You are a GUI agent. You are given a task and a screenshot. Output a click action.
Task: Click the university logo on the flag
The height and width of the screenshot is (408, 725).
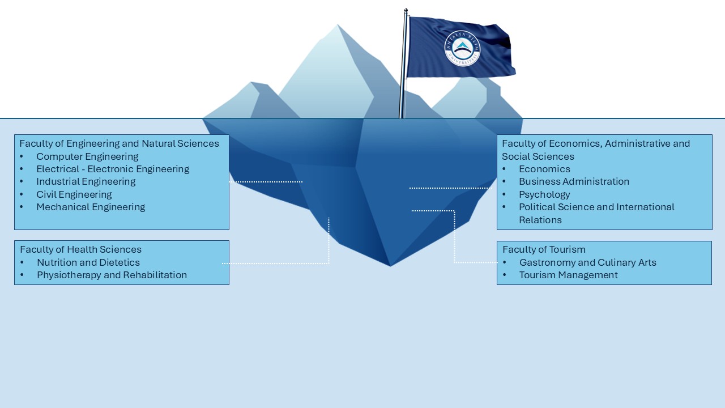(x=462, y=49)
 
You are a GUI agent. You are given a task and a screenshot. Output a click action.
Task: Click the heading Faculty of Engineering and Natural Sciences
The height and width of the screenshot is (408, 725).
(x=119, y=143)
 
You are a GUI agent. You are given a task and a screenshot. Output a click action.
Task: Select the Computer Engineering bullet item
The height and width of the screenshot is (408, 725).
(x=87, y=156)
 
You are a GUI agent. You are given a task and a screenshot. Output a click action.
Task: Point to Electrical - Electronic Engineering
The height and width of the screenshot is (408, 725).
(x=113, y=169)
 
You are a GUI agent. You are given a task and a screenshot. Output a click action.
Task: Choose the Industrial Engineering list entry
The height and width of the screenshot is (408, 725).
(x=86, y=181)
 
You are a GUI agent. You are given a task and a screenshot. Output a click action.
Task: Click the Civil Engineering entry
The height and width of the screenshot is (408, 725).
(x=74, y=194)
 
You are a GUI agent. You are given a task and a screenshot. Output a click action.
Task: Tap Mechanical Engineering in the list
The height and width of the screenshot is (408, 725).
(x=91, y=207)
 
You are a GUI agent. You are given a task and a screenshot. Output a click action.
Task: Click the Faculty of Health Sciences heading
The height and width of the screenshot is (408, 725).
(x=80, y=249)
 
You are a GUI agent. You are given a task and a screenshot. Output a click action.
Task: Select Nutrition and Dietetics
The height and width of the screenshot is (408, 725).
(x=88, y=262)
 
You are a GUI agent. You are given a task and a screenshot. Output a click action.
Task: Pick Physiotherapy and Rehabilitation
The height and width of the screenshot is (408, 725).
(x=112, y=275)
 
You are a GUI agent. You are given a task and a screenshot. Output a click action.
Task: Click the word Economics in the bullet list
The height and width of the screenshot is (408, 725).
(x=544, y=169)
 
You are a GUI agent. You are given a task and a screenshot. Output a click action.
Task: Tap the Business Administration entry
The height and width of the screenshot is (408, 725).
(x=574, y=181)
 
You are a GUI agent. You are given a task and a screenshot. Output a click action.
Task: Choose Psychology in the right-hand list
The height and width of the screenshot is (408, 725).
(x=544, y=194)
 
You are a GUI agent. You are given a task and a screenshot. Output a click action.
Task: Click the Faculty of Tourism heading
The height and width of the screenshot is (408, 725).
(x=544, y=249)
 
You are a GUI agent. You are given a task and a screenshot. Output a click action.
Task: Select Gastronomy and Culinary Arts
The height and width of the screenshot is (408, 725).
(x=588, y=262)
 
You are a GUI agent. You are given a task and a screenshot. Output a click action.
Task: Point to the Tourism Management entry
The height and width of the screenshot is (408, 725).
(x=568, y=275)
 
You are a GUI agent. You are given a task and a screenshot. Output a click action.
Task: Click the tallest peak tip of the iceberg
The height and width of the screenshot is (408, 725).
(x=338, y=24)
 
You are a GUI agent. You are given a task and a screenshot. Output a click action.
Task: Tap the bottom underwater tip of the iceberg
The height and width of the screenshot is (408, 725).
(x=390, y=266)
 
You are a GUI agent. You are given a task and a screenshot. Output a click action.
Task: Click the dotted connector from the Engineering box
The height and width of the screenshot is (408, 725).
(x=266, y=182)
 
